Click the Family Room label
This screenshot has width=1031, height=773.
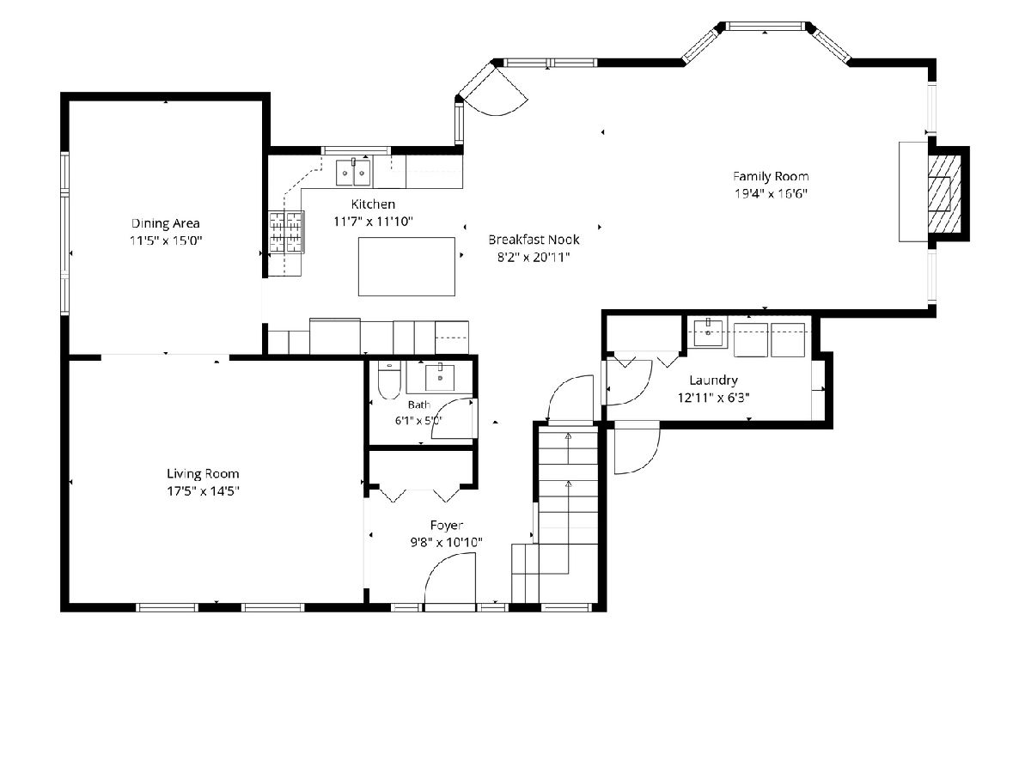click(771, 176)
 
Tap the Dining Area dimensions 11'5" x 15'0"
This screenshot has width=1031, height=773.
click(166, 240)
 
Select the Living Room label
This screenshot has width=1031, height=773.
click(203, 473)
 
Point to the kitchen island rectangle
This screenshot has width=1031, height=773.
click(406, 266)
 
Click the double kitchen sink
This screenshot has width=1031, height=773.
click(353, 173)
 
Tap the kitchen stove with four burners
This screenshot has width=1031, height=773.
click(286, 232)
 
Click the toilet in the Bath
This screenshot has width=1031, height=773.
click(389, 380)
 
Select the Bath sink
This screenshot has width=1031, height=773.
click(440, 377)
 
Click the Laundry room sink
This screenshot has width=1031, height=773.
click(708, 332)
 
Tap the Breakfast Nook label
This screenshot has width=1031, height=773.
click(534, 240)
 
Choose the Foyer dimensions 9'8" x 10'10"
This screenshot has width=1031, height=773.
click(446, 543)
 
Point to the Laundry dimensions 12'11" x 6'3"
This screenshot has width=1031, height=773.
click(713, 398)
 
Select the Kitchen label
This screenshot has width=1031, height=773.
click(373, 204)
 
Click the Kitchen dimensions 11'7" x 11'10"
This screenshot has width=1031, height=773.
click(373, 221)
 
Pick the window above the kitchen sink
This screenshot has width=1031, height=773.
click(356, 150)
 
